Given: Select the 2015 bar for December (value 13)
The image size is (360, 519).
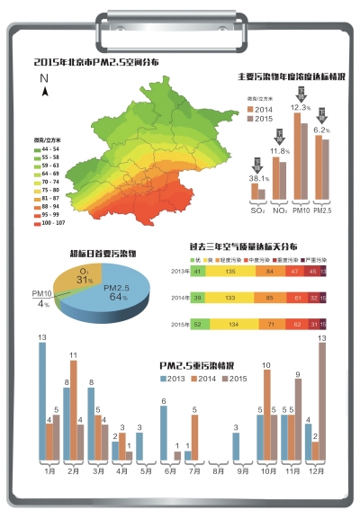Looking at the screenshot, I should pyautogui.click(x=322, y=401).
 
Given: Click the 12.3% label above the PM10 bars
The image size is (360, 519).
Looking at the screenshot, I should pyautogui.click(x=300, y=107).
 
